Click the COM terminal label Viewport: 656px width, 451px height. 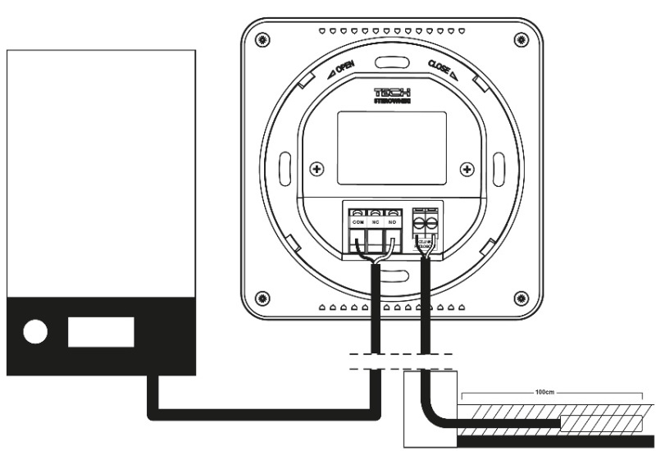click(358, 222)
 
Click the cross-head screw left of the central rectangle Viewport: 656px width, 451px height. click(317, 169)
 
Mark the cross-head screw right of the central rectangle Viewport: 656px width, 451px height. click(467, 169)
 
